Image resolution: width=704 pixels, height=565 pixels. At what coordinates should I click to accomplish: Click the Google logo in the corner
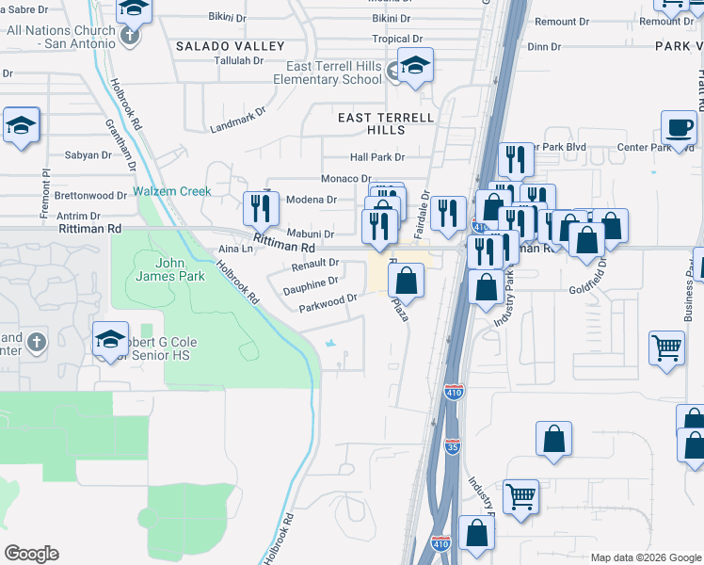(x=31, y=554)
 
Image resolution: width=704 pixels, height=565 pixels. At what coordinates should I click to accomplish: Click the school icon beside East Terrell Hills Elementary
(x=414, y=67)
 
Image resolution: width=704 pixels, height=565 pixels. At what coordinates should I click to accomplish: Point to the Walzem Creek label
(x=172, y=191)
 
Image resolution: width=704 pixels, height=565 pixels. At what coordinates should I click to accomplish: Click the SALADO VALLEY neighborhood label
(x=230, y=46)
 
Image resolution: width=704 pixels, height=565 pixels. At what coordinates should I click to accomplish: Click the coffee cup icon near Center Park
(x=678, y=127)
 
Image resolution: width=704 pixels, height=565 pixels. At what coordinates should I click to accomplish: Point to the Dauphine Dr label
(x=312, y=282)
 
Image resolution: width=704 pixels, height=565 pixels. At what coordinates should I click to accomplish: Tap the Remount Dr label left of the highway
(x=563, y=21)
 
